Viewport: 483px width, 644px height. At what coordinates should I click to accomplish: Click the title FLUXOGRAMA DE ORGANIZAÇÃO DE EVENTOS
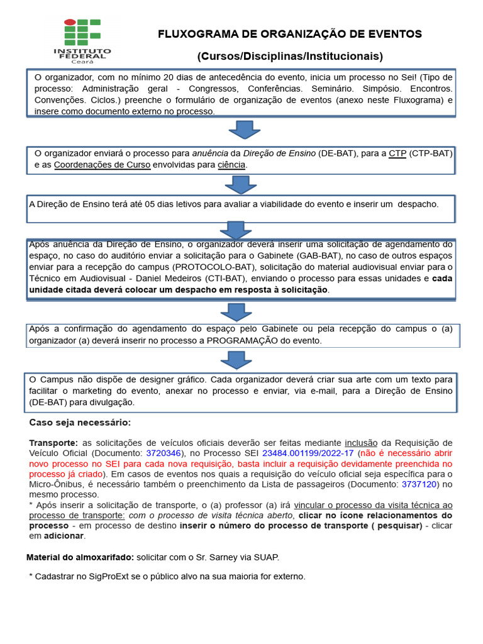[290, 34]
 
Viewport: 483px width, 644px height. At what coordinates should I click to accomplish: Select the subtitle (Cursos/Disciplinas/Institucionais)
[290, 57]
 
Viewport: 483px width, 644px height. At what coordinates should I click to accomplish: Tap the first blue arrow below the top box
[244, 130]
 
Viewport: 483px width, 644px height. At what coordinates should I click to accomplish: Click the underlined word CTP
[397, 153]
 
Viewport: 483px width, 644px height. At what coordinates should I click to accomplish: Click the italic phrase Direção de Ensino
[280, 153]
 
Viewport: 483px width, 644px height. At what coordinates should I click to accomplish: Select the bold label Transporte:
[53, 442]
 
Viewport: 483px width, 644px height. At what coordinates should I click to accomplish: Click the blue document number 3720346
[164, 453]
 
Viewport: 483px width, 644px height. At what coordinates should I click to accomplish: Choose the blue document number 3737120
[419, 484]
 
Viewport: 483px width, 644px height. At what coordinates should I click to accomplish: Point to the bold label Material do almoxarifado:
[80, 557]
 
